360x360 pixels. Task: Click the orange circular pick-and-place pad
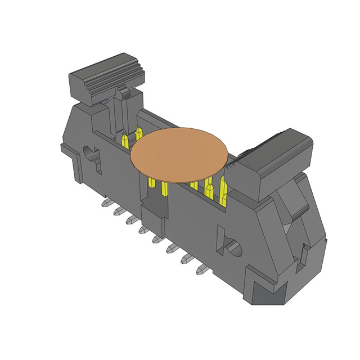[180, 155]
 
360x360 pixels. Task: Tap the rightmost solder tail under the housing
[200, 269]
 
